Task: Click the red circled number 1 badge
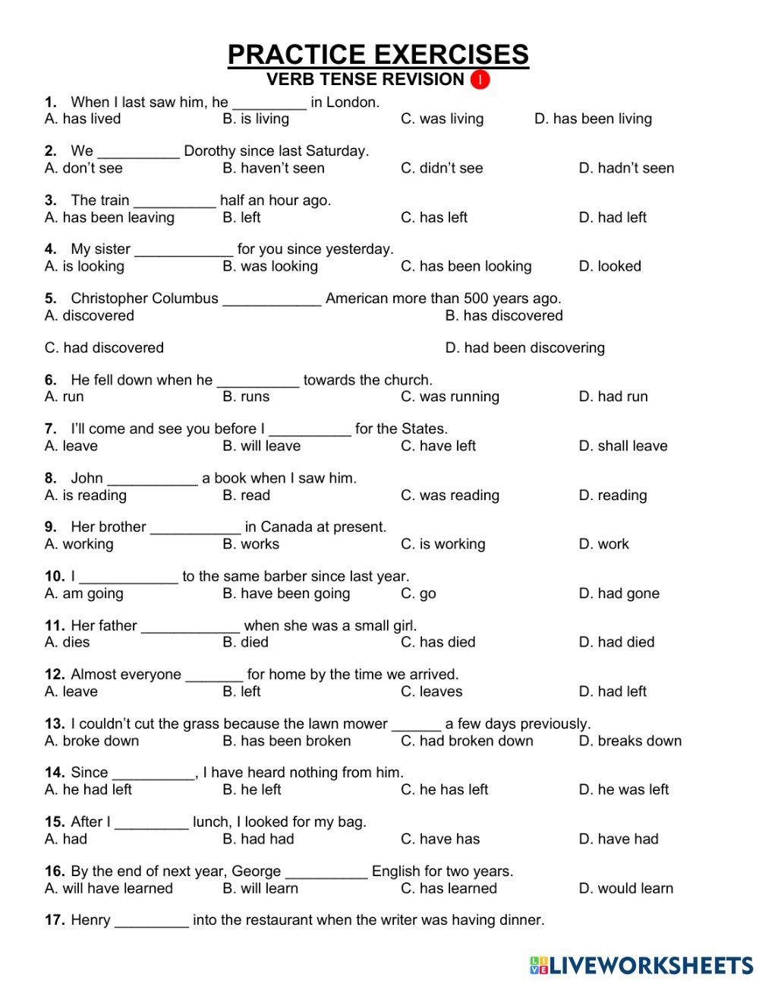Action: click(480, 80)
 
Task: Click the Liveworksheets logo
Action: click(641, 965)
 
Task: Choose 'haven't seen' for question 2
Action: click(273, 168)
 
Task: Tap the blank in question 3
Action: click(175, 201)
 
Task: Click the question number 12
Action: click(55, 675)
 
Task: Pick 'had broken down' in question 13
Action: click(467, 741)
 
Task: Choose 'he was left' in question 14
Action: click(624, 790)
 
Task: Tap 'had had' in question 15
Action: click(258, 839)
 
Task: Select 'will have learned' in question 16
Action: click(109, 888)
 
